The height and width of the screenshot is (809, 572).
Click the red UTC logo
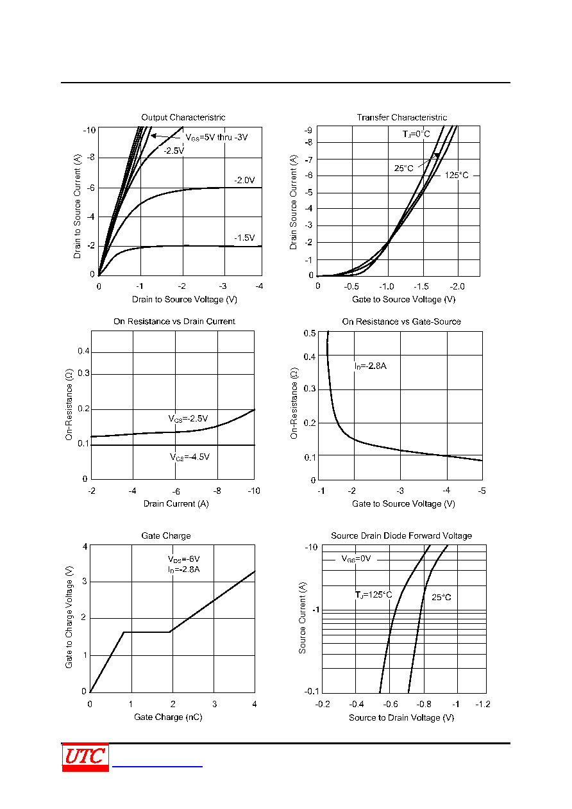coord(85,757)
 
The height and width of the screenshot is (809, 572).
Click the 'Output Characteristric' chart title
coord(183,117)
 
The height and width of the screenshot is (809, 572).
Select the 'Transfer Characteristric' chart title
coord(401,117)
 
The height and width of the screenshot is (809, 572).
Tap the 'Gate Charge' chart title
coord(166,536)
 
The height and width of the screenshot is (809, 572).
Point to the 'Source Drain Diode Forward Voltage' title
coord(401,536)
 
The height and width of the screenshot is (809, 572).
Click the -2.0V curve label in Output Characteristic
coord(244,180)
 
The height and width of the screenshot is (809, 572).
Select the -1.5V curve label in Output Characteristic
coord(244,238)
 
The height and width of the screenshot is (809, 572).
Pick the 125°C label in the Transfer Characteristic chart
coord(457,176)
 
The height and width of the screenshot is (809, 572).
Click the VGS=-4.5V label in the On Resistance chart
coord(190,457)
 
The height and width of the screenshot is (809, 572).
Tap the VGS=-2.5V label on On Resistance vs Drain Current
coord(188,419)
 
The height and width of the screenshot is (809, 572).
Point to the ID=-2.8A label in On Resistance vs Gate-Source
coord(370,366)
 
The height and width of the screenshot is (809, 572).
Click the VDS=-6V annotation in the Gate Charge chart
coord(183,559)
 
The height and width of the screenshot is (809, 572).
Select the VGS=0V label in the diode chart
coord(356,559)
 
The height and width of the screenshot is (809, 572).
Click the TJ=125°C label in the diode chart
coord(373,594)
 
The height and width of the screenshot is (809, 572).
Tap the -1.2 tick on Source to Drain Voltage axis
coord(483,704)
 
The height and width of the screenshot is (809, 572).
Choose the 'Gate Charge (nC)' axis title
coord(168,717)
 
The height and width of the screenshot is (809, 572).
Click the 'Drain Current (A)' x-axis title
coord(176,504)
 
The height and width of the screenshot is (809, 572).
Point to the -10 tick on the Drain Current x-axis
coord(254,491)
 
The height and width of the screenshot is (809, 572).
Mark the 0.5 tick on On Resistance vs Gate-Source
coord(310,333)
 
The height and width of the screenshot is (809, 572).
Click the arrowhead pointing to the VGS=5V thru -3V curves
coord(153,136)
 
